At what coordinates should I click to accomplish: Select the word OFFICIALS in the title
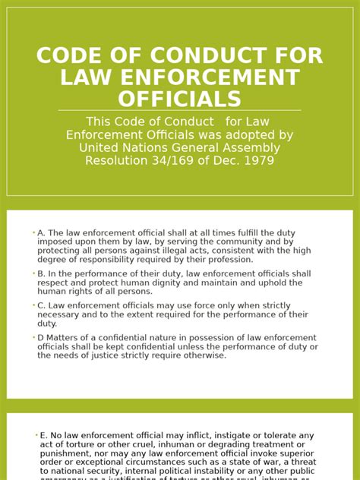click(180, 99)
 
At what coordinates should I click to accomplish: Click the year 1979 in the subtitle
click(259, 160)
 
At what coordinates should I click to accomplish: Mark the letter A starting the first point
click(39, 233)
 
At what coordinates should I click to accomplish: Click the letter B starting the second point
click(39, 273)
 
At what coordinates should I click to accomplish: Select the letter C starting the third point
click(39, 305)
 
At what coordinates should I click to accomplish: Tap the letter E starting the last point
click(42, 435)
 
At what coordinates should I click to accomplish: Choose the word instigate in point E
click(218, 435)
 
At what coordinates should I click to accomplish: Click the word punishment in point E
click(66, 453)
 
